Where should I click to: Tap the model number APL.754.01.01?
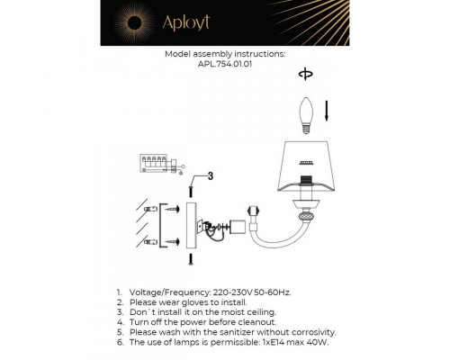225,64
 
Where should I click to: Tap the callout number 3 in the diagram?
209,175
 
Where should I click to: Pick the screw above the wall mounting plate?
192,192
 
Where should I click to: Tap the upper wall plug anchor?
170,209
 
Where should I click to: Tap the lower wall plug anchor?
170,241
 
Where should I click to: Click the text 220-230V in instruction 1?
235,293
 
